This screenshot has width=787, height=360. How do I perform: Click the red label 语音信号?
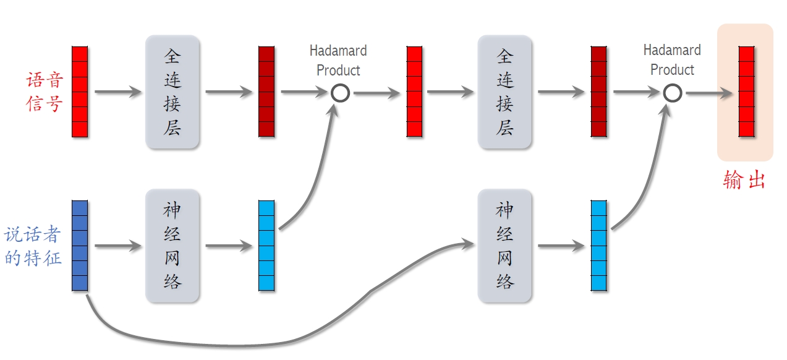45,92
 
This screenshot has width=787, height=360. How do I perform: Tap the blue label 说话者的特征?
33,246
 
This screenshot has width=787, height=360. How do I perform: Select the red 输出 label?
744,180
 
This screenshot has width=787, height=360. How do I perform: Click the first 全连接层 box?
172,92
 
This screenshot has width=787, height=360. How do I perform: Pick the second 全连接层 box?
504,92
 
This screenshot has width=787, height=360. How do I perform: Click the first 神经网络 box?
172,246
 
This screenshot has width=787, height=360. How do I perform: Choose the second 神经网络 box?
504,246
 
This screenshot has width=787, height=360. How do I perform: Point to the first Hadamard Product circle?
340,93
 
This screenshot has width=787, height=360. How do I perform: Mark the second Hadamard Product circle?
673,93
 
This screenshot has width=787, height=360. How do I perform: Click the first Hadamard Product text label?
338,60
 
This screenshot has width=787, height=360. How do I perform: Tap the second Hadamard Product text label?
672,59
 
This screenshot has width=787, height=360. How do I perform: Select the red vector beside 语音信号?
80,92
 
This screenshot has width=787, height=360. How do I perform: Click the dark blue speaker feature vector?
80,246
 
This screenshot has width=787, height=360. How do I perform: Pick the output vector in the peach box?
746,92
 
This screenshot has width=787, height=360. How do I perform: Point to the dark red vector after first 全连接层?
266,92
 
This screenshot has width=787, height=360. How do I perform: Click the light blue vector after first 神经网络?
266,246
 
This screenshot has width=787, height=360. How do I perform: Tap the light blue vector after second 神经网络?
598,246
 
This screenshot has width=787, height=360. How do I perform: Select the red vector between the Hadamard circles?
414,92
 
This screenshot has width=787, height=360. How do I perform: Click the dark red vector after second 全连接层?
598,92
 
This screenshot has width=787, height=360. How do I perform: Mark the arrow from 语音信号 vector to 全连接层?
117,93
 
